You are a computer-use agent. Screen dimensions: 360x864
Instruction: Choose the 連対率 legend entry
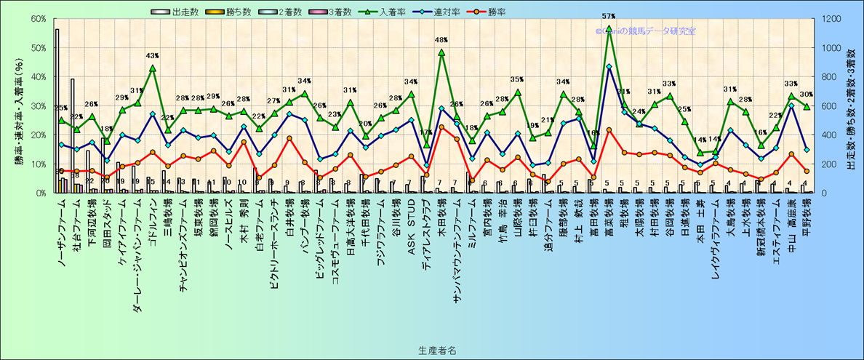point(454,12)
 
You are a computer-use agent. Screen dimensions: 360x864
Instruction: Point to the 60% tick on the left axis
point(36,19)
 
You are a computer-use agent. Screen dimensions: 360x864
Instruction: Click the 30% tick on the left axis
point(36,106)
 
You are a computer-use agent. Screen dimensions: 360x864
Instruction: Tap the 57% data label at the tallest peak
point(609,16)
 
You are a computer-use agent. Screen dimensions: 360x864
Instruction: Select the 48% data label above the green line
point(441,41)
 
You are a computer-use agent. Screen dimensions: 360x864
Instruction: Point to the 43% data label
point(152,56)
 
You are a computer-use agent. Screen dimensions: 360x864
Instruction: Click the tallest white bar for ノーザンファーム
point(57,109)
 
